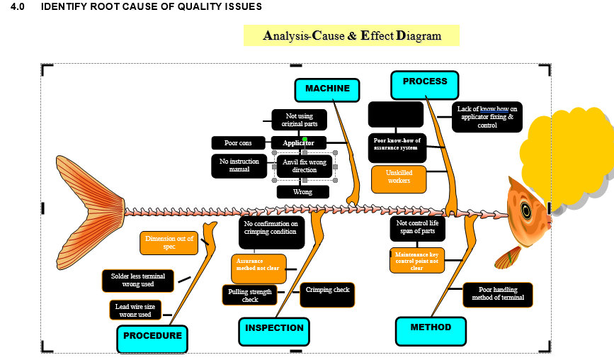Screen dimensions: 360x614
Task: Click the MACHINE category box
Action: [327, 89]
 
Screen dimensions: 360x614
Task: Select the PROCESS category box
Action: [424, 84]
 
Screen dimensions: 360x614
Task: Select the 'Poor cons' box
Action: [238, 143]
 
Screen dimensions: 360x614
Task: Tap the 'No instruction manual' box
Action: [239, 166]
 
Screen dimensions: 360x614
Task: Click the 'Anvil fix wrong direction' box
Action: [305, 167]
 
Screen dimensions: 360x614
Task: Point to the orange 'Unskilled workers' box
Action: [399, 180]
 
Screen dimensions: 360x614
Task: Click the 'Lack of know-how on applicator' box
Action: [487, 117]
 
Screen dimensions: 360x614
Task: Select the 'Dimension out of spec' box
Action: [169, 243]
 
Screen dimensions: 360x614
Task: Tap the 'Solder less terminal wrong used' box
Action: [137, 281]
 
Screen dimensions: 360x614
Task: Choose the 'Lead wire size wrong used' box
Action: [135, 310]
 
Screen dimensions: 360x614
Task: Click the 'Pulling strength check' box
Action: [250, 296]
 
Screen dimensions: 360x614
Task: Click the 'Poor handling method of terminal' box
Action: [498, 294]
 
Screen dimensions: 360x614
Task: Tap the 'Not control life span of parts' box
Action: [417, 228]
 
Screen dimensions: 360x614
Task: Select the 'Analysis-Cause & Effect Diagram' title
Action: [352, 35]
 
